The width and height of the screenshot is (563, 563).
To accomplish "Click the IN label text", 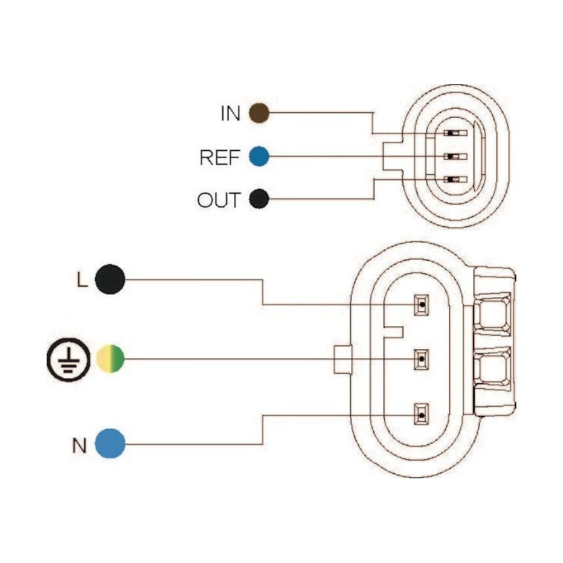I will click(x=230, y=114).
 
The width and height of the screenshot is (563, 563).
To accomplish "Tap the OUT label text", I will click(x=219, y=199).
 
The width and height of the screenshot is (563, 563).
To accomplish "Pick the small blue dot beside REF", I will click(x=259, y=157).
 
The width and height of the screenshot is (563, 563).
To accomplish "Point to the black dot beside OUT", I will click(x=259, y=199).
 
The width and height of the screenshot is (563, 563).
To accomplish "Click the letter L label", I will click(x=81, y=280).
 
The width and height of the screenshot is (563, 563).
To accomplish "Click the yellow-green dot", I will click(x=110, y=358).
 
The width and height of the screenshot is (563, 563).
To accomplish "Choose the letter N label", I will click(x=80, y=446).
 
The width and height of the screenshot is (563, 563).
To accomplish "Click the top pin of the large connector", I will click(x=420, y=305).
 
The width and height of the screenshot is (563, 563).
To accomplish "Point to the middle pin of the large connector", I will click(x=420, y=359).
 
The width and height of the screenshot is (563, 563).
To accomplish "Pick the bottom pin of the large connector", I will click(x=420, y=414).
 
